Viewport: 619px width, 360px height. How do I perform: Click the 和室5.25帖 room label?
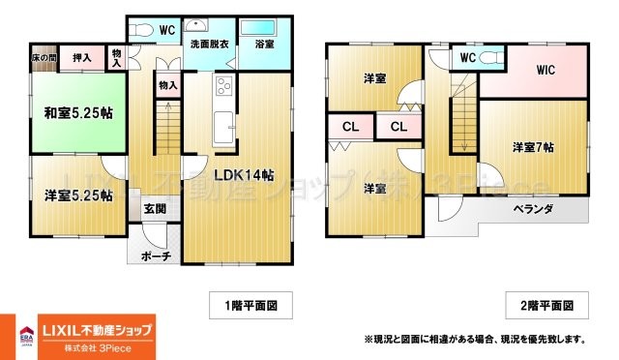coord(78,113)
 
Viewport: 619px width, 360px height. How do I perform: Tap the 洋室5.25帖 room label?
coord(78,195)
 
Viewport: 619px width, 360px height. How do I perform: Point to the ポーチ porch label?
coord(156,255)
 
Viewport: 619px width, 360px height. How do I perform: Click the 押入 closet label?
coord(83,58)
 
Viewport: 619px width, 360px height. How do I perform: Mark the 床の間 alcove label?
coord(44,57)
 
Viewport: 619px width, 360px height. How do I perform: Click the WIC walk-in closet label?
coord(538,70)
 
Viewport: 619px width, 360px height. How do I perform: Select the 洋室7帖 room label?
coord(533,147)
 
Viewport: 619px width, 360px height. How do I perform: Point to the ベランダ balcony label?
coord(533,209)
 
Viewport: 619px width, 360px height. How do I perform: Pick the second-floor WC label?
coord(467,57)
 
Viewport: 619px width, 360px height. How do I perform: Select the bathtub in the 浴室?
coord(257,26)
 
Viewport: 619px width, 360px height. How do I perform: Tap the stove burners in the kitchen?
coord(222,85)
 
